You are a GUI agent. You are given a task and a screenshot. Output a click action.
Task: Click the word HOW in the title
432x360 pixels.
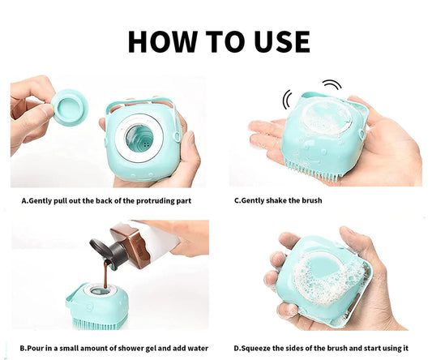[163, 41]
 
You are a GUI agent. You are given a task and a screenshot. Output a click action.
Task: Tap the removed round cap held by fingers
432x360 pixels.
[70, 108]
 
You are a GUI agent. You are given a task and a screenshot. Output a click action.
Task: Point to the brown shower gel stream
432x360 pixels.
[106, 275]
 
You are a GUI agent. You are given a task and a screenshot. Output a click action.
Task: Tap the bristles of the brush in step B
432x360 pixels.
[98, 324]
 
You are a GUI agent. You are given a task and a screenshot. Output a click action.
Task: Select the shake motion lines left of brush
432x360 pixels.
[287, 99]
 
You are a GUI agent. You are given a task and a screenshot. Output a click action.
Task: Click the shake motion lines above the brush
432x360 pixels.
[332, 84]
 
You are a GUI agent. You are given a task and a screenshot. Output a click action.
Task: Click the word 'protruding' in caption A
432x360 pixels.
[155, 200]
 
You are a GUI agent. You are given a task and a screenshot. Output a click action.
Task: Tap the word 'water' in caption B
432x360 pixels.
[198, 348]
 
